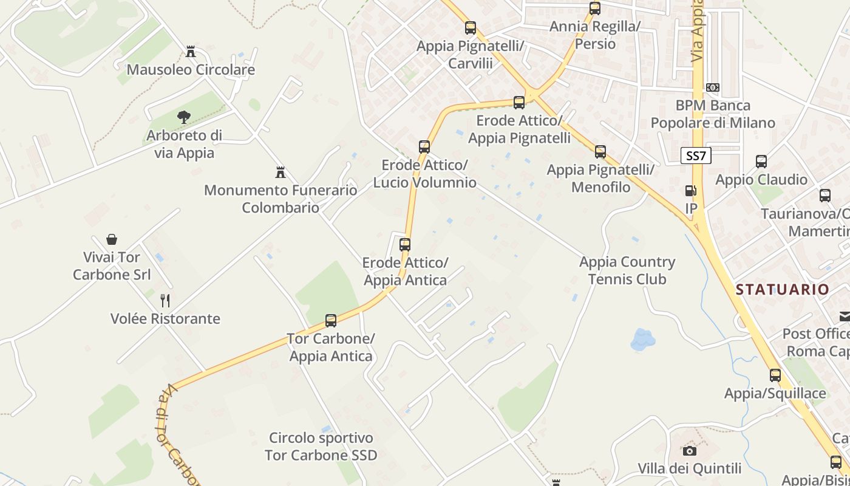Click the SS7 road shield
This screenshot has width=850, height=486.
696,156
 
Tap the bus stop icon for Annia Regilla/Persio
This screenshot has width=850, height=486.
595,9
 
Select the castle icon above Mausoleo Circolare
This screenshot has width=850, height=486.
191,52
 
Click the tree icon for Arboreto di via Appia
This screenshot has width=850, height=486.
183,117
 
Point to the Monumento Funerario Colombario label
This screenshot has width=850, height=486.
280,199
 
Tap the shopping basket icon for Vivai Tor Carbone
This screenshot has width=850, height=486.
112,239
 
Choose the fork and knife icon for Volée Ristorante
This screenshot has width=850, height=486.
165,300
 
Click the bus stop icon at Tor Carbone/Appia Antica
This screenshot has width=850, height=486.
331,320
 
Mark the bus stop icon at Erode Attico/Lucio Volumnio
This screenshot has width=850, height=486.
424,146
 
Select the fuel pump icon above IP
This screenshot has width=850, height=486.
690,191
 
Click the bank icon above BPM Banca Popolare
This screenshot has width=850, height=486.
713,87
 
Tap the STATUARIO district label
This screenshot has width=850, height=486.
782,289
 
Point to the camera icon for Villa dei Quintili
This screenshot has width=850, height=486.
690,451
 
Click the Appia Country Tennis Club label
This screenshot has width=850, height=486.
627,270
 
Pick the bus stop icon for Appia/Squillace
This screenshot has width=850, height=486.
775,375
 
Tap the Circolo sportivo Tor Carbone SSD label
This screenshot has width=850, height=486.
321,446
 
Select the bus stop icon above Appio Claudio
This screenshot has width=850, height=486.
761,162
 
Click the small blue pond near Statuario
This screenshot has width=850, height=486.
642,340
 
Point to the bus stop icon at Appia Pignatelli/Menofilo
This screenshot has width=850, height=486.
600,151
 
